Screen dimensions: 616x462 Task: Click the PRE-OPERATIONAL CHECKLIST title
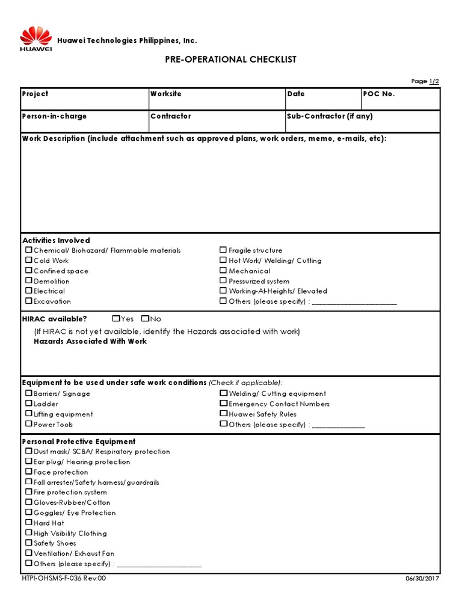(x=230, y=60)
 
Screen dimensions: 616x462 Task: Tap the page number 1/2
(x=434, y=81)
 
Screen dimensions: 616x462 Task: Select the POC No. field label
(x=379, y=94)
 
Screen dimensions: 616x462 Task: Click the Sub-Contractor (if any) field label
(x=330, y=116)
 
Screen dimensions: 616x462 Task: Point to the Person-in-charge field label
(x=54, y=116)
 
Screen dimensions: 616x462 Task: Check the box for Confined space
(x=28, y=271)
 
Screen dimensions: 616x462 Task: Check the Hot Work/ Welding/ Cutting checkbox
(x=223, y=260)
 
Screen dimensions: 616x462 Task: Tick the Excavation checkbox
(x=28, y=301)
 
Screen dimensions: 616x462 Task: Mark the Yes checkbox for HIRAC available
(x=115, y=319)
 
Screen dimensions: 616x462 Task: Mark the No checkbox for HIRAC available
(x=145, y=319)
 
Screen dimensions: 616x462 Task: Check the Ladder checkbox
(x=28, y=404)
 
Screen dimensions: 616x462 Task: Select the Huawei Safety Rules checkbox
(x=223, y=414)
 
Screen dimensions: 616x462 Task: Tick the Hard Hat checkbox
(x=28, y=523)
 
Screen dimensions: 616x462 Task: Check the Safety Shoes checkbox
(x=28, y=543)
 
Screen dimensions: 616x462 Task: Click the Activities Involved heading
(x=56, y=240)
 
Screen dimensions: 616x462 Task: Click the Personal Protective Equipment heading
(x=79, y=441)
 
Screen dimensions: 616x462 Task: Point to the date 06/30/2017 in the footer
(x=424, y=579)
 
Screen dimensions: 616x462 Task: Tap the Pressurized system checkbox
(x=223, y=281)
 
